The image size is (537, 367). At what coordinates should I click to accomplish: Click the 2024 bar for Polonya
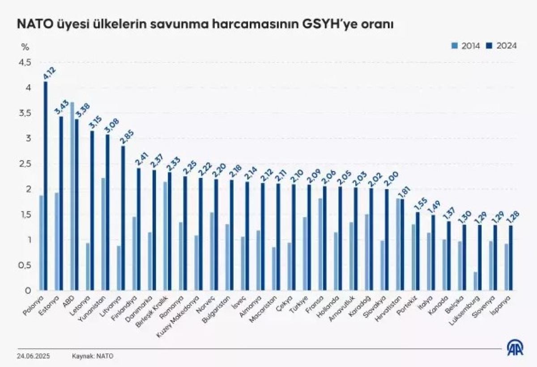coord(46,186)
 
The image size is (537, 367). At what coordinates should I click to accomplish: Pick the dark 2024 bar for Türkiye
coord(308,237)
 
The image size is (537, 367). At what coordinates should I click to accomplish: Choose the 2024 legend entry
coord(503,46)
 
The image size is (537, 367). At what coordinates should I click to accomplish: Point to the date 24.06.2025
coord(34,356)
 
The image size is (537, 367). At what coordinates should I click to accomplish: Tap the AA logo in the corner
coord(515,347)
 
